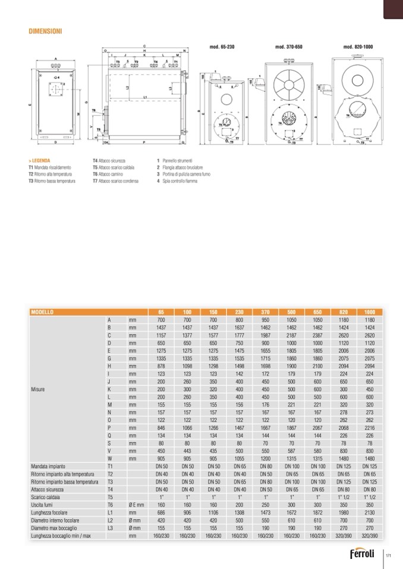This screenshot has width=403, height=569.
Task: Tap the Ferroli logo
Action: [x=364, y=555]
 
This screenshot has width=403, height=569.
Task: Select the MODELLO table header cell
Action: [x=42, y=311]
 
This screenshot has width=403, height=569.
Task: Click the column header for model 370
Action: [x=265, y=311]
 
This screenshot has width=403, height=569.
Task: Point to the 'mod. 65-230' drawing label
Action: [x=222, y=46]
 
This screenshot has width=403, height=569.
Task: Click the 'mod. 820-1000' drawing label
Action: [x=357, y=46]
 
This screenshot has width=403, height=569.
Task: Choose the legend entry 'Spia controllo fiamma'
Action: [x=180, y=181]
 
